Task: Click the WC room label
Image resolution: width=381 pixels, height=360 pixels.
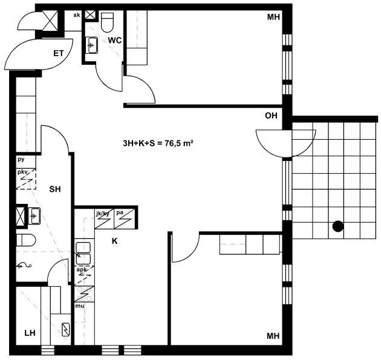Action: tap(115, 40)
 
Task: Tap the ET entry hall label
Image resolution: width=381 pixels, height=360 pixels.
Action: tap(58, 53)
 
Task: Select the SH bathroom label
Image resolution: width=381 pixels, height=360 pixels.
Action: tap(55, 189)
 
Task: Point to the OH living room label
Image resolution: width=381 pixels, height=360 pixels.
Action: tap(271, 116)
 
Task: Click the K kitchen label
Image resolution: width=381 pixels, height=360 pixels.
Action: tap(115, 241)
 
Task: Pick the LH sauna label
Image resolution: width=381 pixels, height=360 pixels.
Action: tap(30, 333)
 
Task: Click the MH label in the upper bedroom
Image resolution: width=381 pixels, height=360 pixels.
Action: tap(273, 17)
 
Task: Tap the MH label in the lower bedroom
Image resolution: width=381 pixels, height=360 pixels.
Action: tap(273, 336)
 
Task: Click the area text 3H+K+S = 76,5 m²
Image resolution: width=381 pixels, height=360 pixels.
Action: tap(158, 143)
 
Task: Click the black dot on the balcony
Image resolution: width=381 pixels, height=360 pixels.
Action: tap(338, 226)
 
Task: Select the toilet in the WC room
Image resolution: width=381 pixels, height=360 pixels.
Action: tap(107, 22)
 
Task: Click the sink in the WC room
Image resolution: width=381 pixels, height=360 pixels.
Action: tap(92, 45)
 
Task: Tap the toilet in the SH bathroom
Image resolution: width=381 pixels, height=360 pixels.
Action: tap(26, 240)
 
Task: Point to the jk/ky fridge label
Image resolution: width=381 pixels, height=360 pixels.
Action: tap(103, 214)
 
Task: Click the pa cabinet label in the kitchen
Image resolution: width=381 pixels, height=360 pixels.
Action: tap(120, 213)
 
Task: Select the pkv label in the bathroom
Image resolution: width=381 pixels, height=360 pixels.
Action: tap(22, 172)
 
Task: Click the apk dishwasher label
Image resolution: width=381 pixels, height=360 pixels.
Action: tap(82, 270)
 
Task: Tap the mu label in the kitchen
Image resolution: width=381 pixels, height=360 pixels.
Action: tap(79, 306)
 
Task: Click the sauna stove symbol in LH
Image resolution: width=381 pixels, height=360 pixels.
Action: tap(65, 330)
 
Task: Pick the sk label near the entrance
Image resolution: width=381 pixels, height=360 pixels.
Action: tap(77, 15)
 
